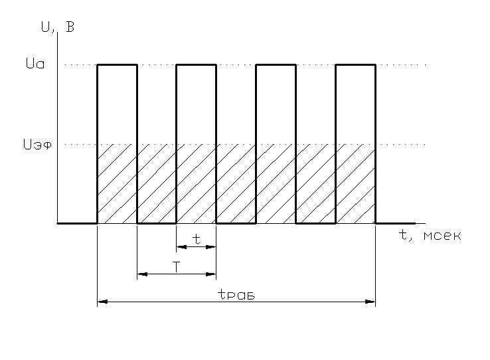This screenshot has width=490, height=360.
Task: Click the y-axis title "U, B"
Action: [58, 27]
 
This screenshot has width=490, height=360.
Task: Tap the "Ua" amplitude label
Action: [35, 64]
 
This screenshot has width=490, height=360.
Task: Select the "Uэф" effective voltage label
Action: [37, 144]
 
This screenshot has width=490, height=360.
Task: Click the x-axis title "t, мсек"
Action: [430, 235]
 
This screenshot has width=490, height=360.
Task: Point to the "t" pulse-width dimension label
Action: [197, 239]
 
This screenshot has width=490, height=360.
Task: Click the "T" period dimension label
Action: [177, 267]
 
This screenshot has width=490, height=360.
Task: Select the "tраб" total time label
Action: [236, 294]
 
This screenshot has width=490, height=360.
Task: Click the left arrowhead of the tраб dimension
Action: [102, 302]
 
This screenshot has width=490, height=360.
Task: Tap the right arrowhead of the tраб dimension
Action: [370, 302]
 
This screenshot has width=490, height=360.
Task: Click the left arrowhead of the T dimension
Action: [143, 274]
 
